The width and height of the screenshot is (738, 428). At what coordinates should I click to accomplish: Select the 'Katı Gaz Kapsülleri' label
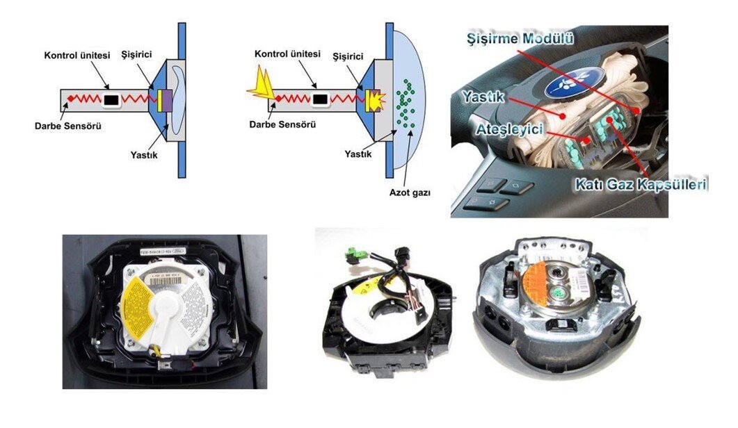(640, 185)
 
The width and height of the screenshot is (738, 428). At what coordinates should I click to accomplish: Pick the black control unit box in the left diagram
(111, 101)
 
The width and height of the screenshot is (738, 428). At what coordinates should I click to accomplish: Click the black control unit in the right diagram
(319, 100)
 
